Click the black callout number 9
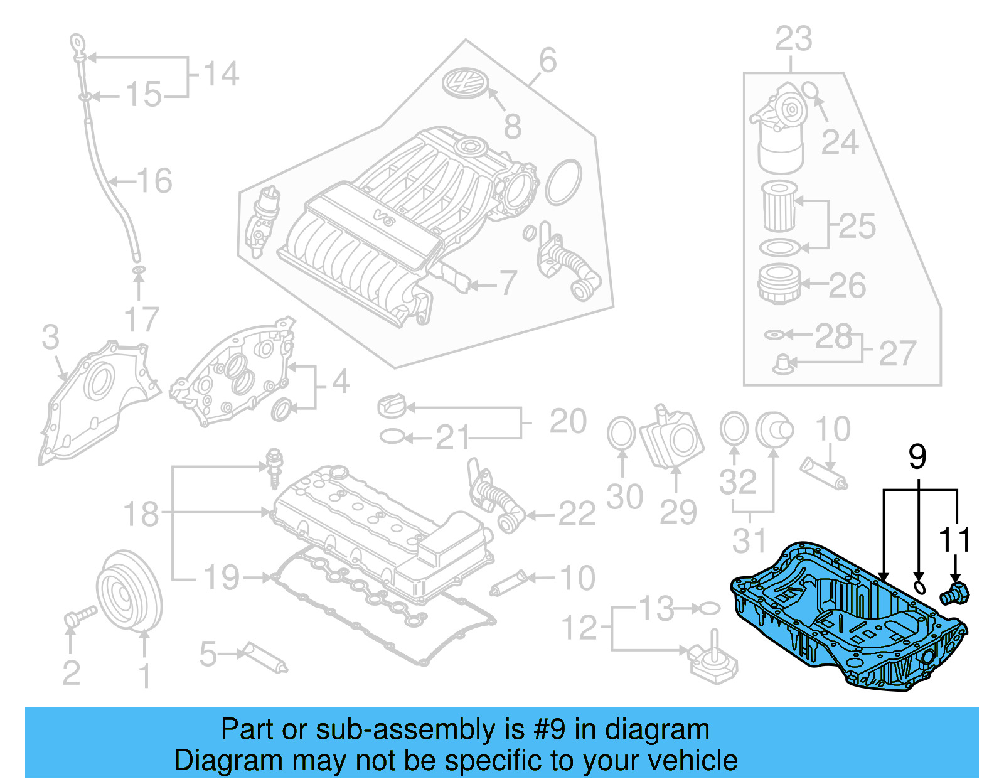[917, 457]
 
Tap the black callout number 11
[954, 540]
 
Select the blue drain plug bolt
[955, 593]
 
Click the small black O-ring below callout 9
[919, 588]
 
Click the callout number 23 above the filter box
[793, 39]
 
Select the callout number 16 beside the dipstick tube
[154, 181]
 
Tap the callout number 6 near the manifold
[547, 61]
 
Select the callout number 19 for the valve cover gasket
[222, 577]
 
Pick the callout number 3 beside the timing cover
[50, 337]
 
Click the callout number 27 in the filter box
[897, 354]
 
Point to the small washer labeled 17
[139, 271]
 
